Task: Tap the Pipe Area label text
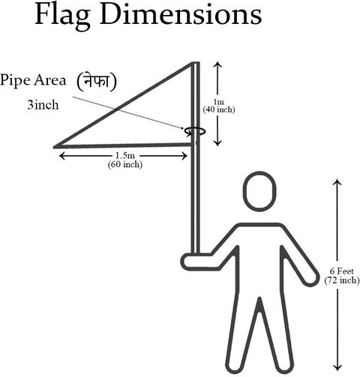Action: pyautogui.click(x=33, y=80)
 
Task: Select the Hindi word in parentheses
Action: pyautogui.click(x=97, y=81)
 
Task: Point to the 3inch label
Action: pyautogui.click(x=43, y=105)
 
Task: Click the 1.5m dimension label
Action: pyautogui.click(x=124, y=155)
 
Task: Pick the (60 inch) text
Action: pyautogui.click(x=125, y=165)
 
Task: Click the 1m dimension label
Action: pyautogui.click(x=218, y=102)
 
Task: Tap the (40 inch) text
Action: pyautogui.click(x=219, y=109)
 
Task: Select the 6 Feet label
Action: pyautogui.click(x=342, y=271)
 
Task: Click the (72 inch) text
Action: pyautogui.click(x=342, y=280)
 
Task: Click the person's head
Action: pyautogui.click(x=259, y=191)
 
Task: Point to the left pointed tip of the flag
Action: pyautogui.click(x=55, y=147)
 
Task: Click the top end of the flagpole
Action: pyautogui.click(x=196, y=62)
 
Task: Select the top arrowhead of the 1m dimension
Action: pyautogui.click(x=218, y=64)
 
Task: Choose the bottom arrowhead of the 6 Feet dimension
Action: pyautogui.click(x=337, y=368)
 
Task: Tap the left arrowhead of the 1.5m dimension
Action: pyautogui.click(x=62, y=156)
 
